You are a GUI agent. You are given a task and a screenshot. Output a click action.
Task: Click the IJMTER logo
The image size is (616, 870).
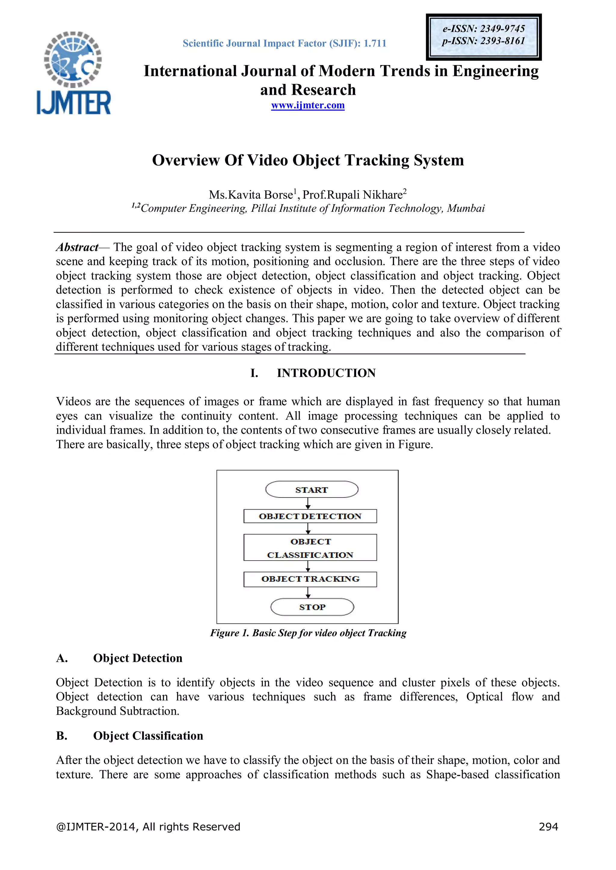(73, 73)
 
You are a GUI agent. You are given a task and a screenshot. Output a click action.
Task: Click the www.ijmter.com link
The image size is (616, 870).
(308, 105)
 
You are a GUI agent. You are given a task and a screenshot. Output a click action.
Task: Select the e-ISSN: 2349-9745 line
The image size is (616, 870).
(484, 29)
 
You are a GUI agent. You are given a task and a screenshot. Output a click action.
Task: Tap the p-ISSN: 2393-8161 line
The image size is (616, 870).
(483, 41)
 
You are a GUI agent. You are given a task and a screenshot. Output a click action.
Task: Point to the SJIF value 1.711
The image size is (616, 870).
(375, 44)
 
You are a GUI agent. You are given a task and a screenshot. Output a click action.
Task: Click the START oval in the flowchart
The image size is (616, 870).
(311, 490)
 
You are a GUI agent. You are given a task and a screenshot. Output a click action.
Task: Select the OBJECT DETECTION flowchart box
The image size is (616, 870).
(310, 516)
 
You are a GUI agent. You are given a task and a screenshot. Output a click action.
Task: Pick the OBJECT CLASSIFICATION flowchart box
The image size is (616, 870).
(310, 548)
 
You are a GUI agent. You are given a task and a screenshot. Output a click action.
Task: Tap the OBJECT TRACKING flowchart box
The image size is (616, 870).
(310, 579)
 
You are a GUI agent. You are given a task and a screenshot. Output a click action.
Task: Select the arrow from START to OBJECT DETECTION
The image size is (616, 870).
(308, 503)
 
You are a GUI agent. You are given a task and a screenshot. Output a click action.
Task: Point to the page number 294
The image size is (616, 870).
(548, 826)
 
